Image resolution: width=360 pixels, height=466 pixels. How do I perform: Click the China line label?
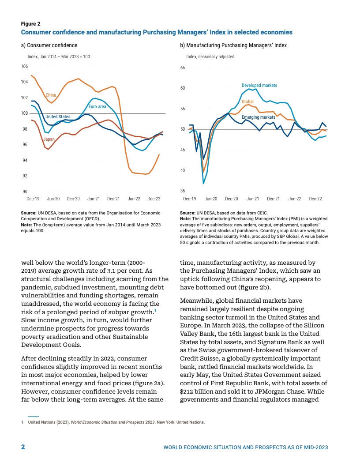(x=51, y=95)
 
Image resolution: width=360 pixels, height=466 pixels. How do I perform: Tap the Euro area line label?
(x=97, y=107)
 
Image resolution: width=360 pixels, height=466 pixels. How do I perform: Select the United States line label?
(x=58, y=117)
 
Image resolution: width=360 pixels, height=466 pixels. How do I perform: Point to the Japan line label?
(x=49, y=139)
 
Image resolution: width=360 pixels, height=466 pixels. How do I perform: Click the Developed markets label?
(x=259, y=85)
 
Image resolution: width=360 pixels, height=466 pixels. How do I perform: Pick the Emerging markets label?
(x=259, y=117)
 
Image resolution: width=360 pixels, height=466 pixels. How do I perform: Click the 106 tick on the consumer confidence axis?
(x=24, y=66)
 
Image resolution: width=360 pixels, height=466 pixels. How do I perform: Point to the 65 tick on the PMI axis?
(x=183, y=68)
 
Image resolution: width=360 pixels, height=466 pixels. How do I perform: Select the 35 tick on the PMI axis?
(x=183, y=191)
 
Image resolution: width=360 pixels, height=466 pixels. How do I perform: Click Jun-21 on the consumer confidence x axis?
(x=94, y=199)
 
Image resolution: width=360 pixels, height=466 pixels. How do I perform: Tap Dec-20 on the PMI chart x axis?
(x=232, y=199)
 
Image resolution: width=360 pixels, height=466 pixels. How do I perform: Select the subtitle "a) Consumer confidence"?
(x=49, y=45)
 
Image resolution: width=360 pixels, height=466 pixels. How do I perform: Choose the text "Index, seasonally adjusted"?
(x=210, y=57)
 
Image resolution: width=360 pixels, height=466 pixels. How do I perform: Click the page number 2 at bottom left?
(x=23, y=447)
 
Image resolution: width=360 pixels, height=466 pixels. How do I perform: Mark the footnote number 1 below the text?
(x=22, y=422)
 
